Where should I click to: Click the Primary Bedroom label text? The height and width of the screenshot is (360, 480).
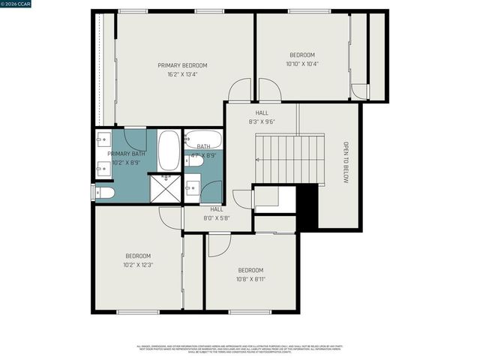pyautogui.click(x=182, y=65)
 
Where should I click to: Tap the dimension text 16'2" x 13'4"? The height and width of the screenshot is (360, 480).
pyautogui.click(x=182, y=74)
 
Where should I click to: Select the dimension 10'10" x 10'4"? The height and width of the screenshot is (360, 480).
pyautogui.click(x=302, y=64)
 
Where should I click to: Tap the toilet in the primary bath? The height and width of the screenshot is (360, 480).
pyautogui.click(x=104, y=193)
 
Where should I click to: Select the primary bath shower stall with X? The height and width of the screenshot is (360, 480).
pyautogui.click(x=164, y=187)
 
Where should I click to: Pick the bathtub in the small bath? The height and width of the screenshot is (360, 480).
pyautogui.click(x=203, y=139)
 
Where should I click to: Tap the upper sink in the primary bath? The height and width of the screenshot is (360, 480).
pyautogui.click(x=103, y=139)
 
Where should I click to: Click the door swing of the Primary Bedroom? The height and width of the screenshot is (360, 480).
pyautogui.click(x=240, y=91)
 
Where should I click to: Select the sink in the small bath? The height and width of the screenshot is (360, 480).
pyautogui.click(x=192, y=184)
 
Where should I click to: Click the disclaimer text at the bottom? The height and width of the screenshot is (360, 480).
pyautogui.click(x=239, y=349)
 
